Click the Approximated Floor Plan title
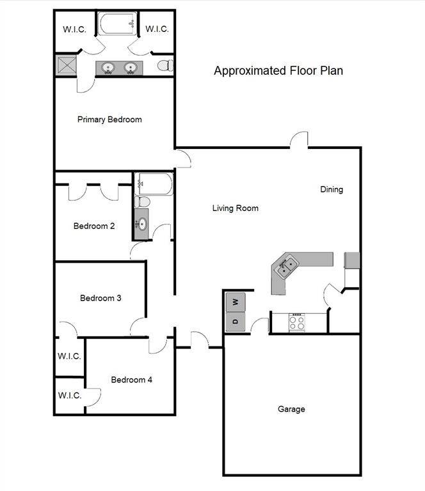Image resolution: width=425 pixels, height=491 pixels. click(278, 71)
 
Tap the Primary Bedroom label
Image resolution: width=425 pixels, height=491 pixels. click(109, 120)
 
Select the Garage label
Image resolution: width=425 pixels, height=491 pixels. click(291, 409)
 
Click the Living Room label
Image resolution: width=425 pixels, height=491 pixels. click(236, 208)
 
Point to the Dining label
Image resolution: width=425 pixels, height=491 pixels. click(332, 189)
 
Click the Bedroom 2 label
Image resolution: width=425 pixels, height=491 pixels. click(94, 226)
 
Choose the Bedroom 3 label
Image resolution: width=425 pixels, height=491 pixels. click(100, 298)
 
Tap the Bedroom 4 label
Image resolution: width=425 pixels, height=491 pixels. click(132, 380)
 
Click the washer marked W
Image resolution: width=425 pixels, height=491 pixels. click(235, 301)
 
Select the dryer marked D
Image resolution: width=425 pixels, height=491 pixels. click(235, 321)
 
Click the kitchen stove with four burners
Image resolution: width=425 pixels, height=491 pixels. click(297, 322)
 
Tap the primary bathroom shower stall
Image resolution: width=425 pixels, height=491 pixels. click(66, 66)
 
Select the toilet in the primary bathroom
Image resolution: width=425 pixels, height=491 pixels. click(166, 65)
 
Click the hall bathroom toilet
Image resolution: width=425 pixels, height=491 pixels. click(143, 201)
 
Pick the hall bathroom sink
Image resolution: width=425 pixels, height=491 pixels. click(141, 224)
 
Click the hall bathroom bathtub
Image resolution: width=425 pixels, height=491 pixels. click(154, 184)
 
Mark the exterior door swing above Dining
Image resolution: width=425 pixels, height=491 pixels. click(300, 140)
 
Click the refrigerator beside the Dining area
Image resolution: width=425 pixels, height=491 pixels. click(352, 260)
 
